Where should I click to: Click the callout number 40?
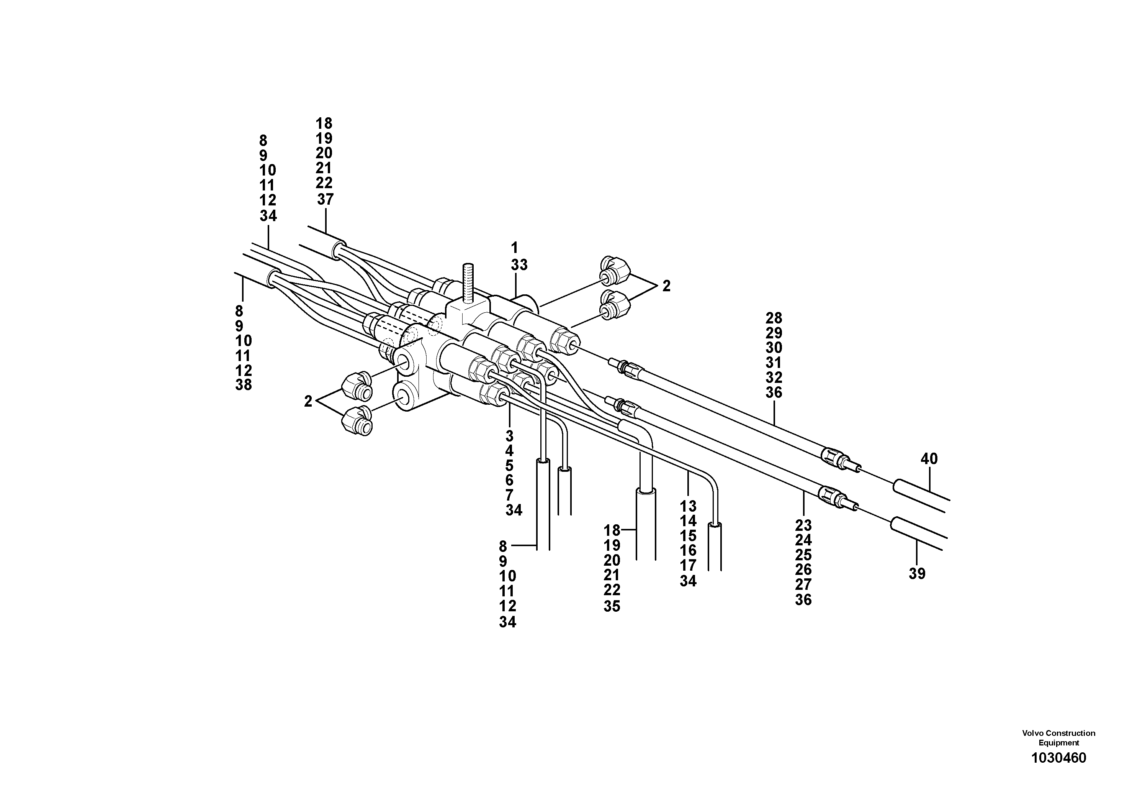(x=929, y=459)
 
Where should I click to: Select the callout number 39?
(x=917, y=574)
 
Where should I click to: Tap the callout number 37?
(x=325, y=199)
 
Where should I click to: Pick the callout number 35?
(x=612, y=607)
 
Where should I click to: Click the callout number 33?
(x=519, y=265)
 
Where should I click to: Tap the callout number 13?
(x=688, y=506)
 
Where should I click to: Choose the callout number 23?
(x=803, y=525)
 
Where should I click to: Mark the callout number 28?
(x=774, y=318)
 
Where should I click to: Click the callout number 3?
(x=509, y=436)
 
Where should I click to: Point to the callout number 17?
(x=688, y=565)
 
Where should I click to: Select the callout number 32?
(x=774, y=377)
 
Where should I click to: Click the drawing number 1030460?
(x=1058, y=758)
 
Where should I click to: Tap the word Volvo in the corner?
(x=1033, y=733)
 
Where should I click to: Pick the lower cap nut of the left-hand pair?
(x=357, y=422)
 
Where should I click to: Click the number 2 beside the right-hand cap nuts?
(x=666, y=286)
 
